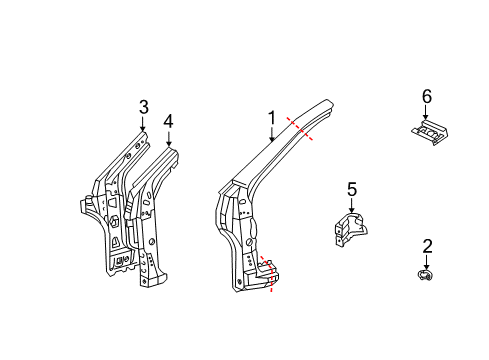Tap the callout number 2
point(427,245)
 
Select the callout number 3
point(143,107)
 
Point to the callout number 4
point(168,122)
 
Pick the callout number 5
point(351,189)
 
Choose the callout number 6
point(426,96)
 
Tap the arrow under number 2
point(427,260)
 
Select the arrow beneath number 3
point(143,124)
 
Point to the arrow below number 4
point(168,139)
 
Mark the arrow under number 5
point(351,205)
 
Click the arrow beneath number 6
point(426,112)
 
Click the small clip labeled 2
point(426,275)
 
